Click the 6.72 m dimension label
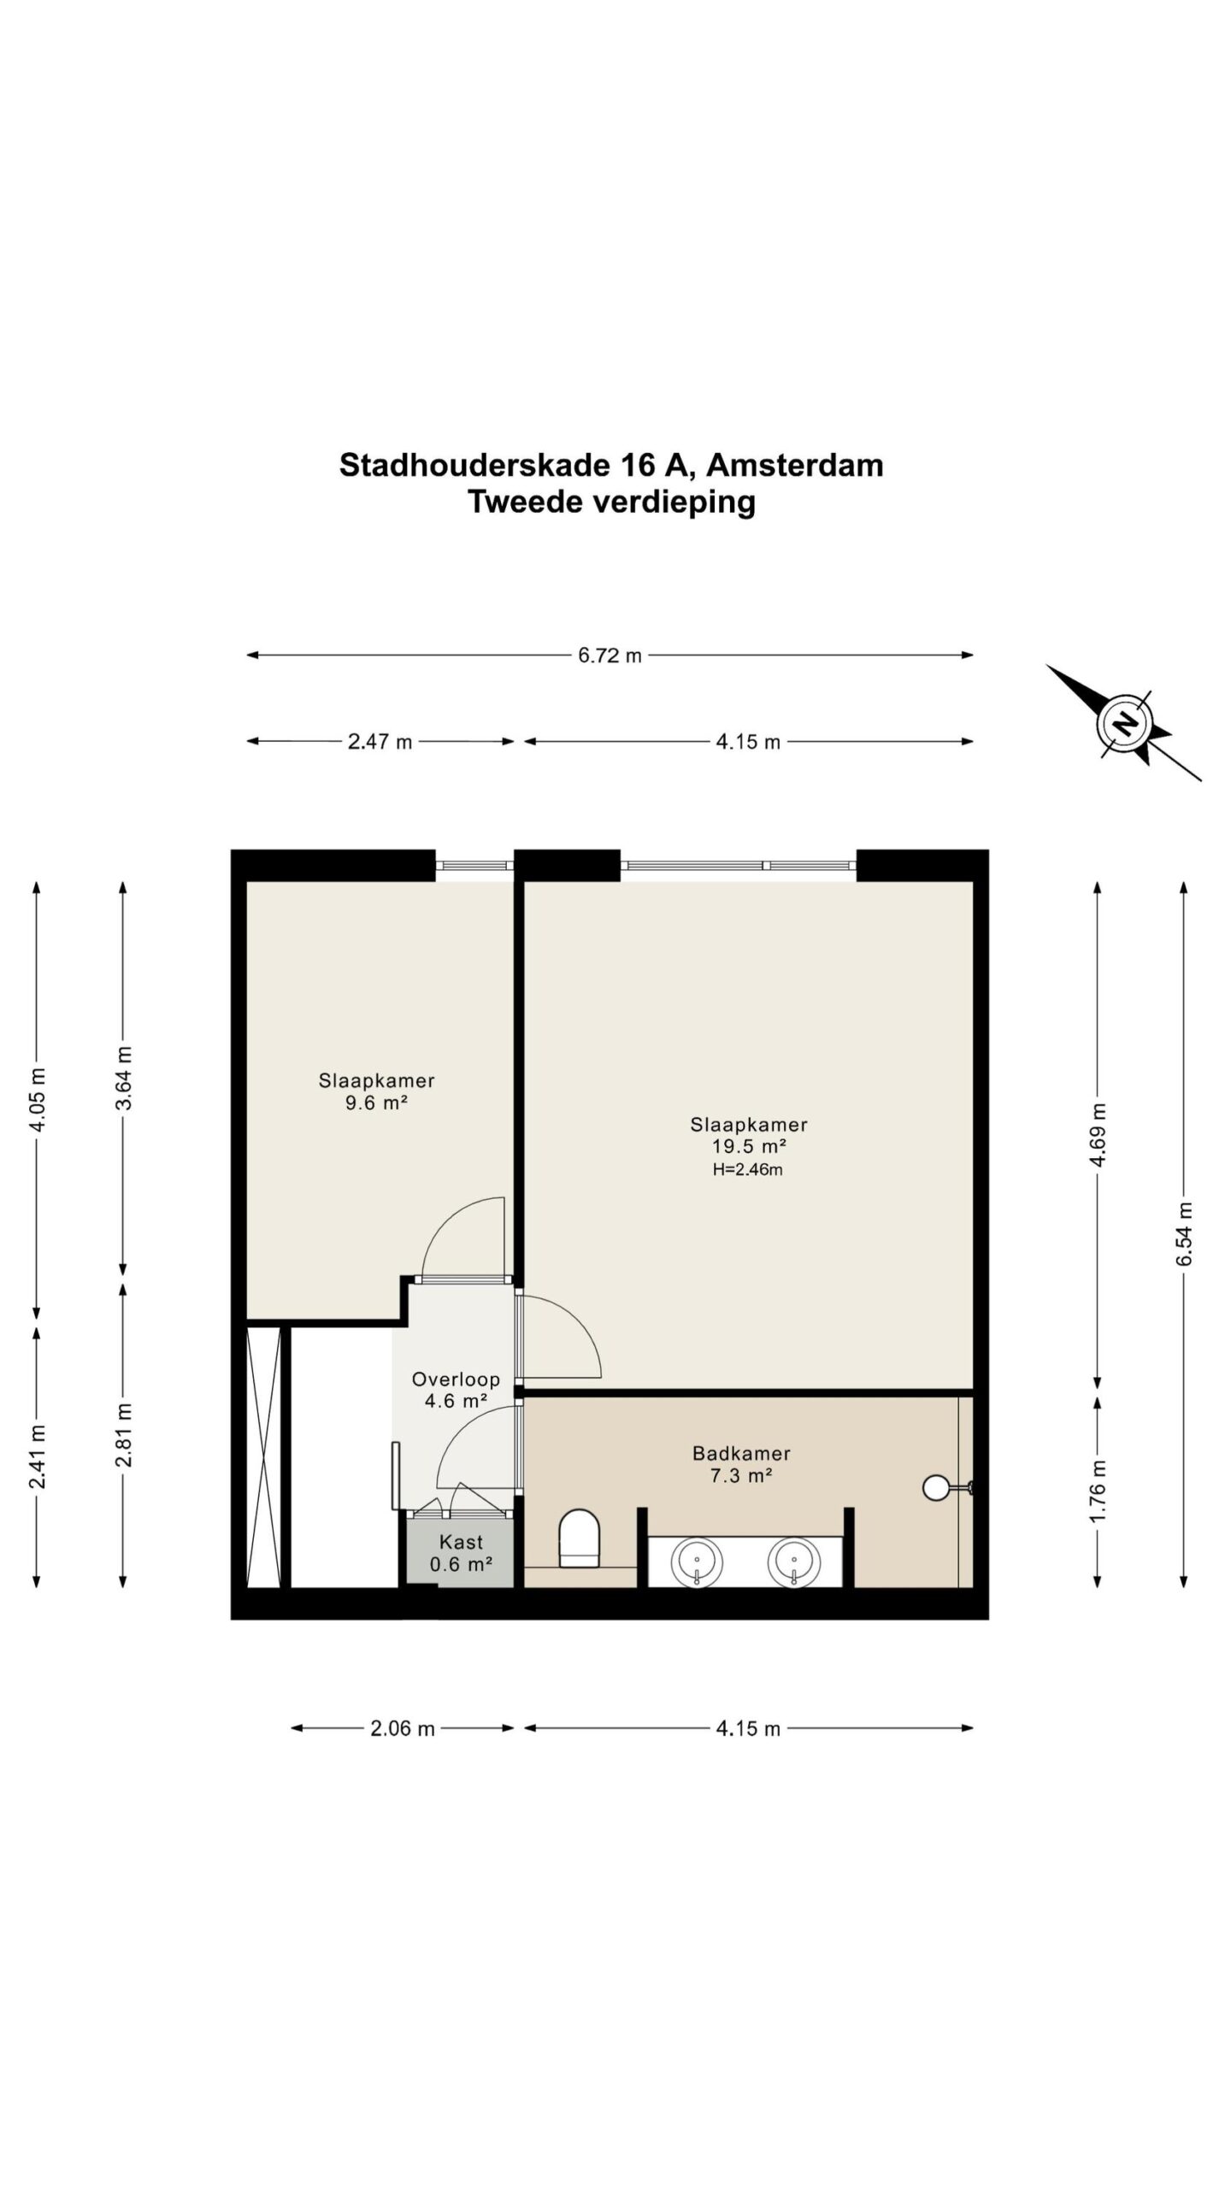point(610,656)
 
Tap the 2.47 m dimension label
point(380,742)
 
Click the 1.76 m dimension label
point(1098,1490)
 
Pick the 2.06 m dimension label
point(402,1728)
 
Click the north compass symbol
point(1123,725)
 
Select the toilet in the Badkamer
point(580,1538)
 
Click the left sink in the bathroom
point(698,1562)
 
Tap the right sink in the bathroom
point(793,1562)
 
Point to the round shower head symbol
point(935,1487)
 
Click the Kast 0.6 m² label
point(461,1554)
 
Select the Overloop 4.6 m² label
point(456,1390)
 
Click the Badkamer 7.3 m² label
point(741,1464)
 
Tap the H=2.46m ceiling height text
point(747,1170)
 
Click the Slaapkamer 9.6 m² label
point(376,1091)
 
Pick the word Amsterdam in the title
point(795,465)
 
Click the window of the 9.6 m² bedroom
point(474,865)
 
